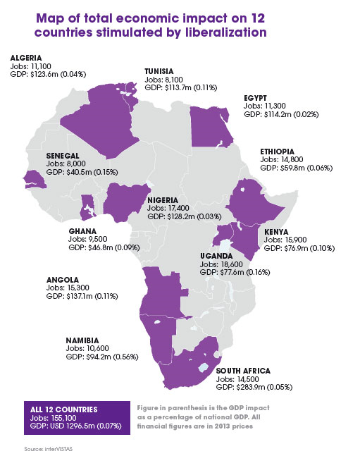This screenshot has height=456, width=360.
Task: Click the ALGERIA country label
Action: (x=25, y=57)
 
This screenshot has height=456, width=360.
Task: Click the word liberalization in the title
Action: (x=224, y=32)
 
